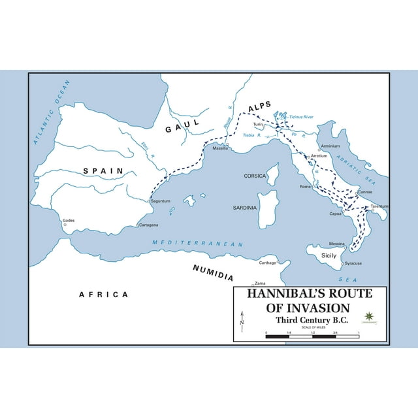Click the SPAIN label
103,170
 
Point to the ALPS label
262,108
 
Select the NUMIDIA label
213,268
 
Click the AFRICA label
103,294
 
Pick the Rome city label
304,187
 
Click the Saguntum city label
161,201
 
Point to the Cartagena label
150,225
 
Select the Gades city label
69,220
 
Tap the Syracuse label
353,263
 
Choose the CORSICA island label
255,176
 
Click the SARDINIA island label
246,207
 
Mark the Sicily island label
329,255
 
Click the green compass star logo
370,317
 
